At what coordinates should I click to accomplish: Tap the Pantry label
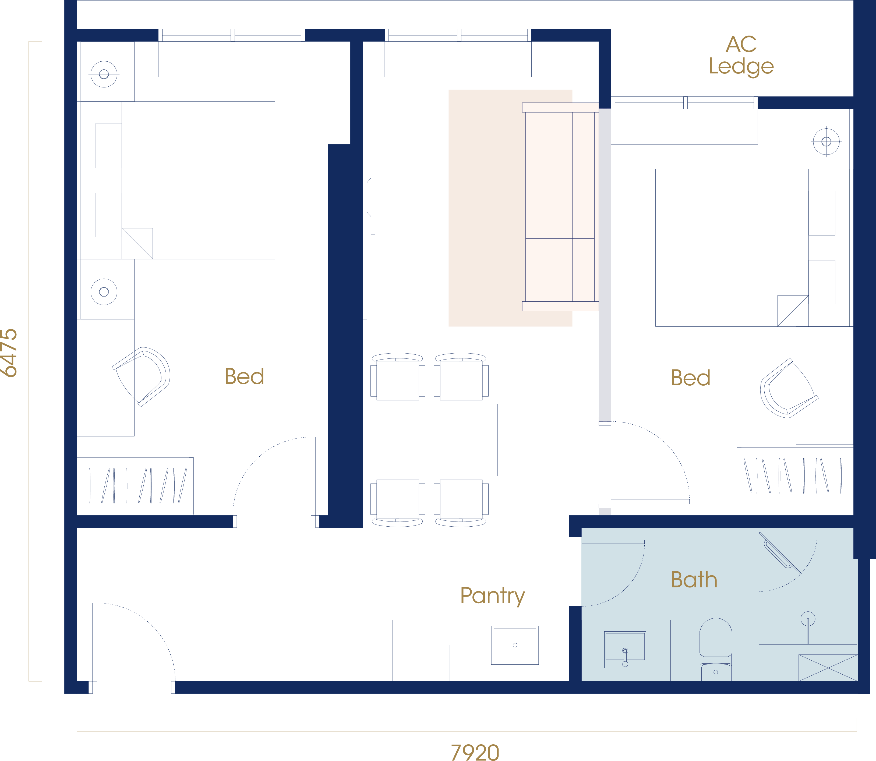[x=493, y=596]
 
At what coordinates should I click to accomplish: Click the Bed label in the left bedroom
[x=244, y=376]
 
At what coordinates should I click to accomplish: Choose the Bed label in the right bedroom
[x=690, y=378]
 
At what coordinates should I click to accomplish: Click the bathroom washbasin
[x=625, y=650]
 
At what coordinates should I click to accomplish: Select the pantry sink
[x=515, y=645]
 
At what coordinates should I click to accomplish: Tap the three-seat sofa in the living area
[x=560, y=207]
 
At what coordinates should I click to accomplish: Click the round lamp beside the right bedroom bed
[x=826, y=142]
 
